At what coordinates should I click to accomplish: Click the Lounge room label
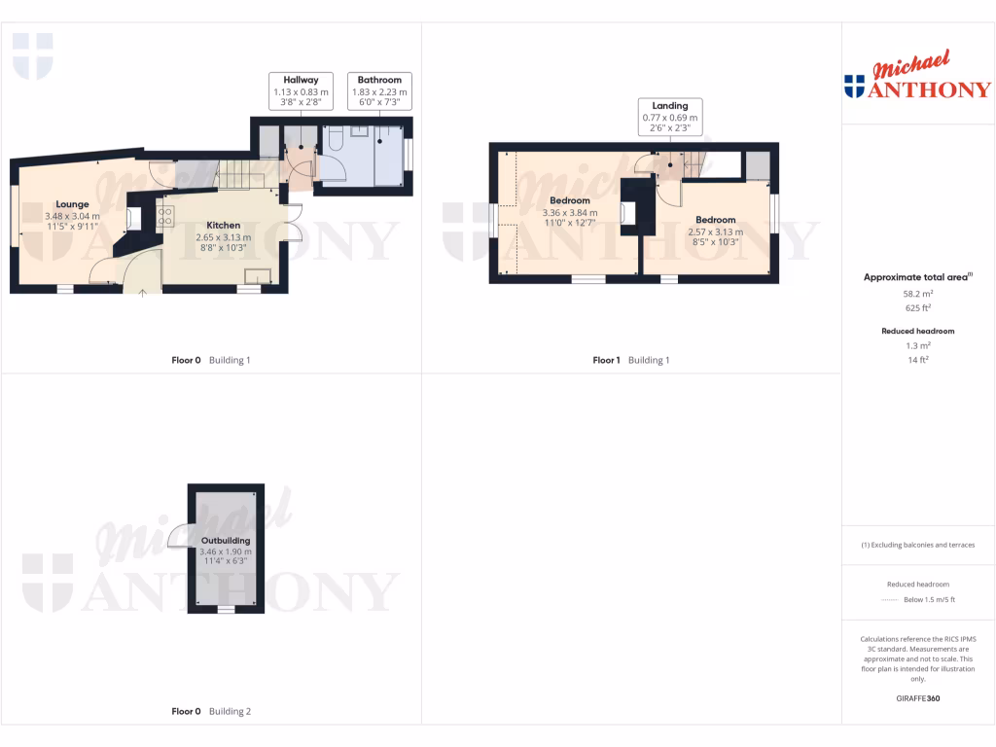click(72, 204)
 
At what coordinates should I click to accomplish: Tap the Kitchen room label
click(223, 225)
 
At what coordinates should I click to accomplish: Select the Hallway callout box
click(302, 90)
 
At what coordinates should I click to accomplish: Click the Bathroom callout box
click(379, 90)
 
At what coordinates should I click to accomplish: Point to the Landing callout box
click(669, 117)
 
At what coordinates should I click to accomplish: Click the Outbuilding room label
click(226, 540)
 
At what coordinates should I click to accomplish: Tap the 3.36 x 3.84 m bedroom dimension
click(570, 213)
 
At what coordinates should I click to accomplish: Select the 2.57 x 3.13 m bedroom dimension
click(715, 231)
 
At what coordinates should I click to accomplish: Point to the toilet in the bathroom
click(333, 142)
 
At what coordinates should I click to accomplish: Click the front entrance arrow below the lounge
click(143, 291)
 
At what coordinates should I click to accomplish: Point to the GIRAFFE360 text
click(917, 698)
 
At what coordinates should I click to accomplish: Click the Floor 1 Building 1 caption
click(631, 360)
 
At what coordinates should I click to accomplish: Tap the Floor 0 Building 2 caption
click(211, 711)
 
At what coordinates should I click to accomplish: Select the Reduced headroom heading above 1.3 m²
click(917, 331)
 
